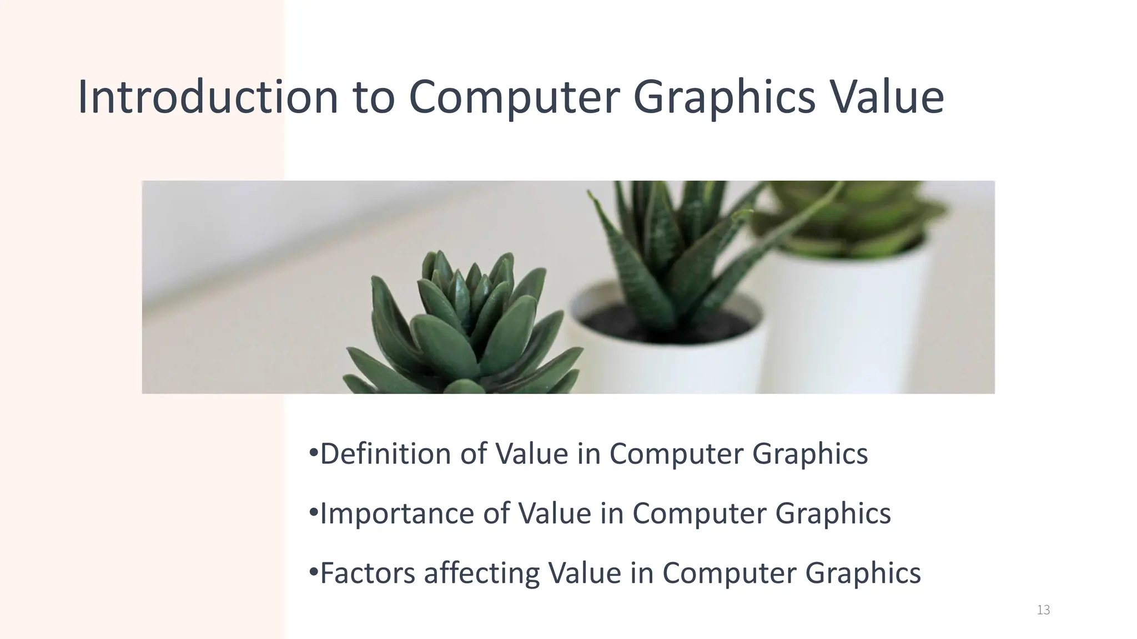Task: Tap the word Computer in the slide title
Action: point(514,98)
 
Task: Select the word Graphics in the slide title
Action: point(724,98)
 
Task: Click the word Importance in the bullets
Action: point(396,513)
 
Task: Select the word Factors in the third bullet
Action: point(367,573)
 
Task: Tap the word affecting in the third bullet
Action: point(481,573)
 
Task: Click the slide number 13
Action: point(1043,610)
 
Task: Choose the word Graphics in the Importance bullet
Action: point(833,513)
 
